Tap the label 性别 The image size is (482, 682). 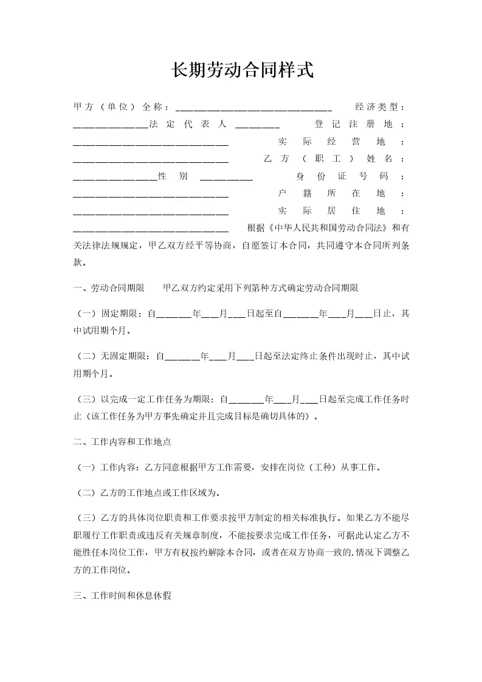point(172,176)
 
